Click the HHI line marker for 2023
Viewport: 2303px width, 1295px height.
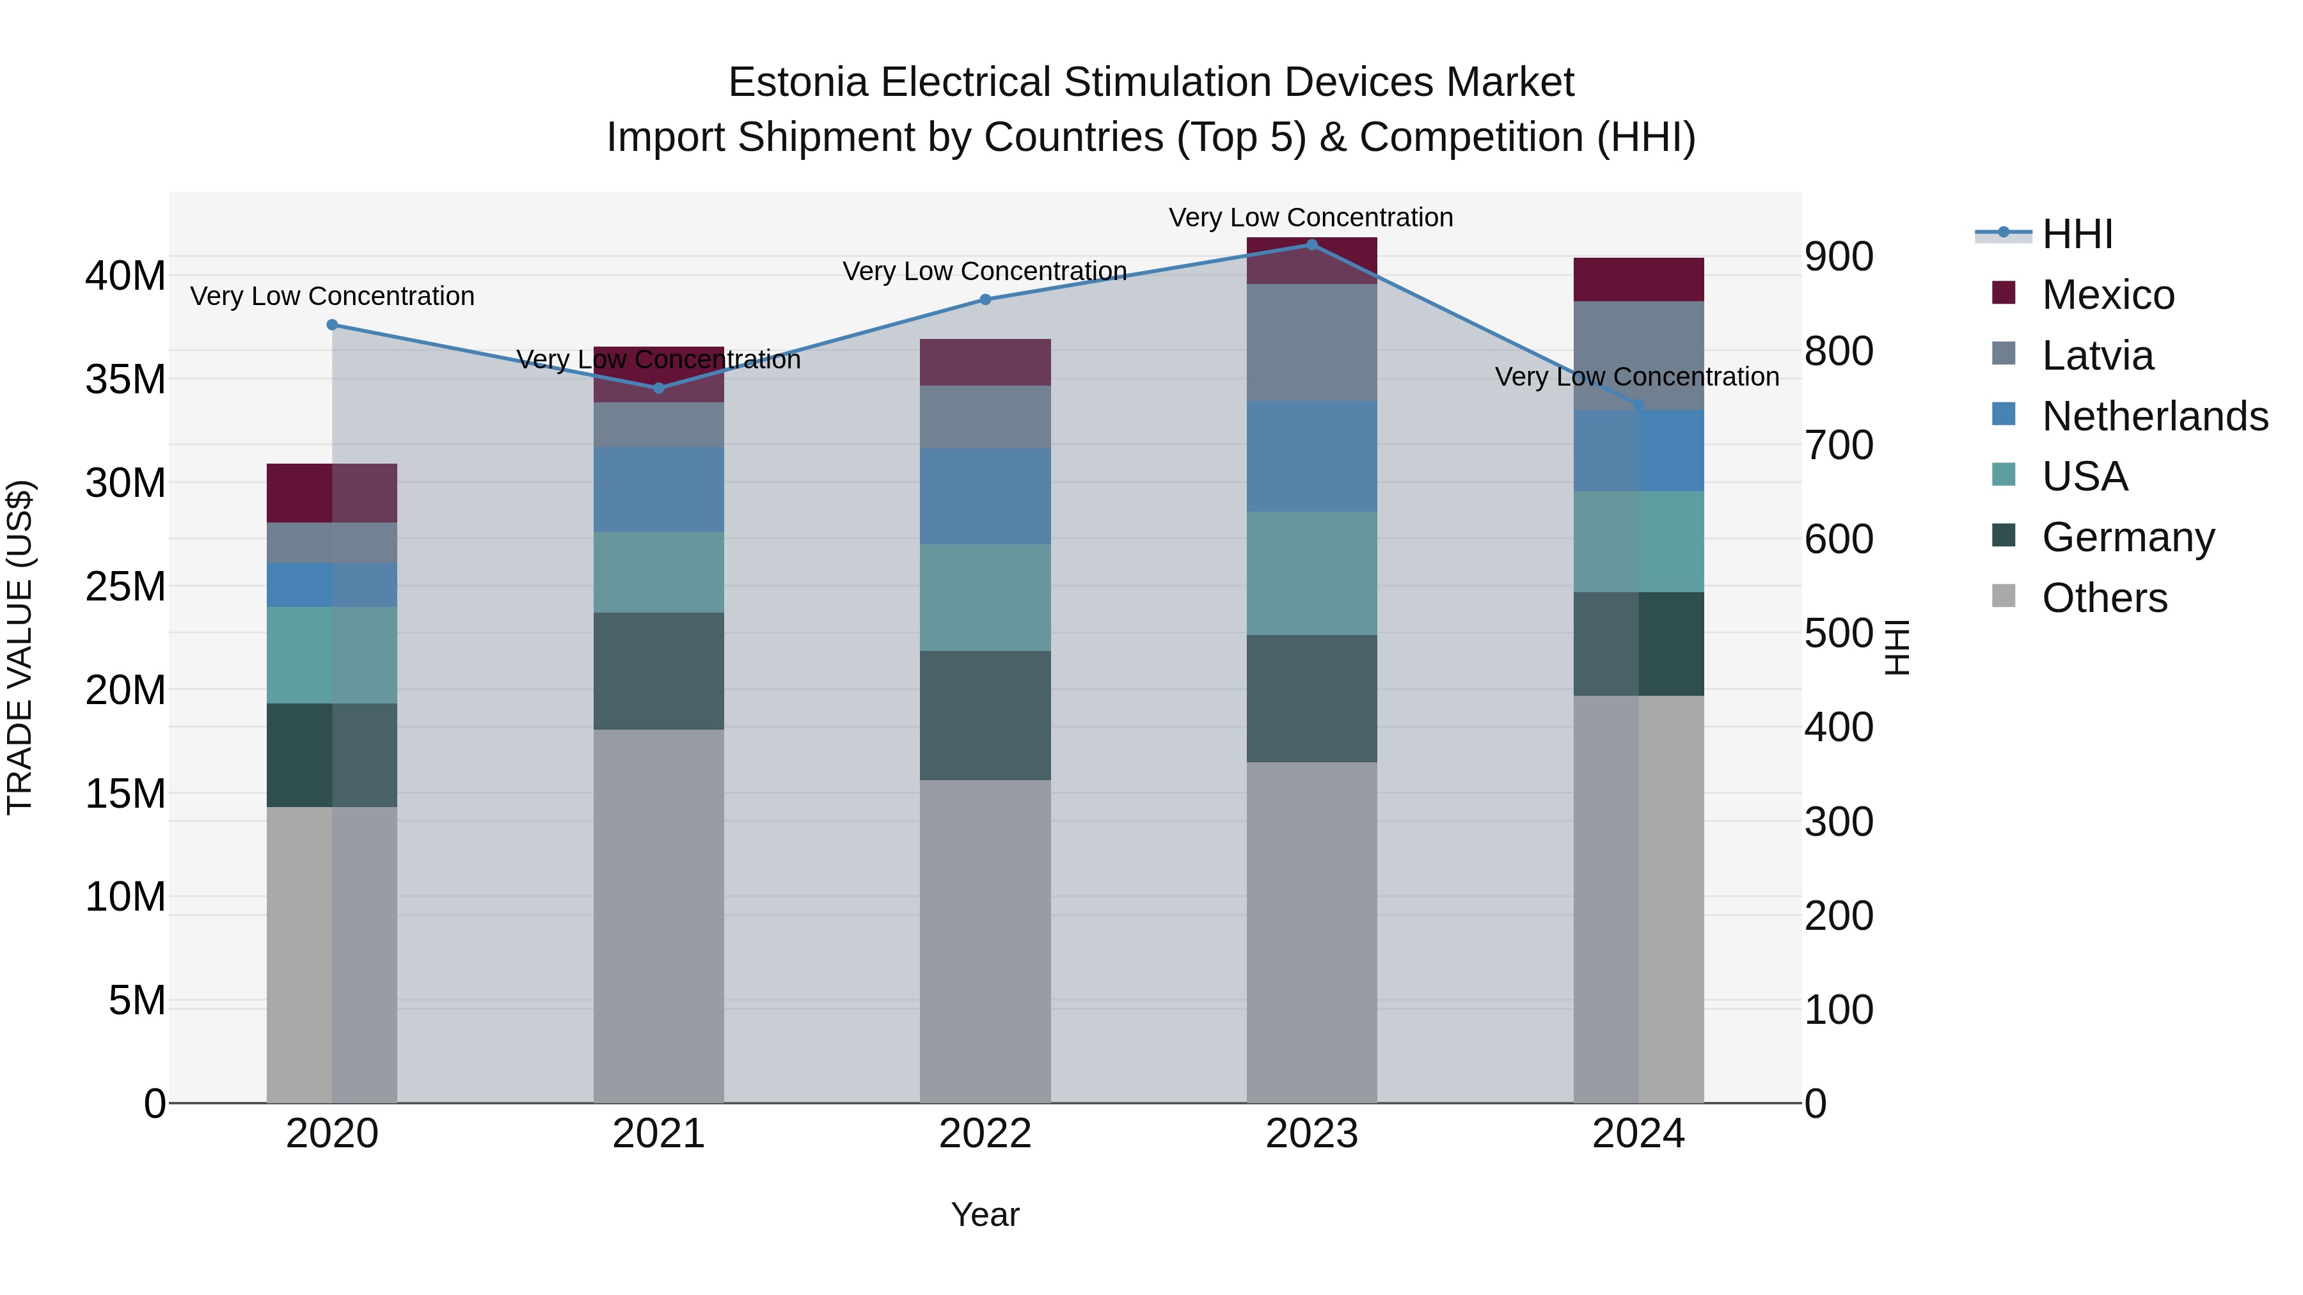(x=1311, y=245)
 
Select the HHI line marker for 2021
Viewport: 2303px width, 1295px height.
(x=659, y=388)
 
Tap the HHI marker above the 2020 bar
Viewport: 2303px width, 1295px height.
(x=333, y=324)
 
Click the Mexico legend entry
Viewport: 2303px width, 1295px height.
(x=2107, y=295)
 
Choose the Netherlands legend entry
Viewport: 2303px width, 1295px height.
(x=2155, y=416)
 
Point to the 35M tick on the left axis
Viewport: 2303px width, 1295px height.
(x=125, y=380)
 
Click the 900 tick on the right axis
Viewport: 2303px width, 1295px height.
(x=1838, y=257)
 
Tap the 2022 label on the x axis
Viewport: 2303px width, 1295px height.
(x=985, y=1134)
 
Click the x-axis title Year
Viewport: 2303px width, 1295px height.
(x=985, y=1214)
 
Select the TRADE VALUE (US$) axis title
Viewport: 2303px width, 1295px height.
(x=20, y=647)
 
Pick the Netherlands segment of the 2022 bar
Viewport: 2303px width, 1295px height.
(x=985, y=496)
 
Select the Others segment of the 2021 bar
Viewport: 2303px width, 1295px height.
(x=659, y=916)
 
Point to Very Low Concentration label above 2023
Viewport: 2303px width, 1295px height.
(x=1311, y=217)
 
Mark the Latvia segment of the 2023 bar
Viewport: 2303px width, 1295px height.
(x=1311, y=342)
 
